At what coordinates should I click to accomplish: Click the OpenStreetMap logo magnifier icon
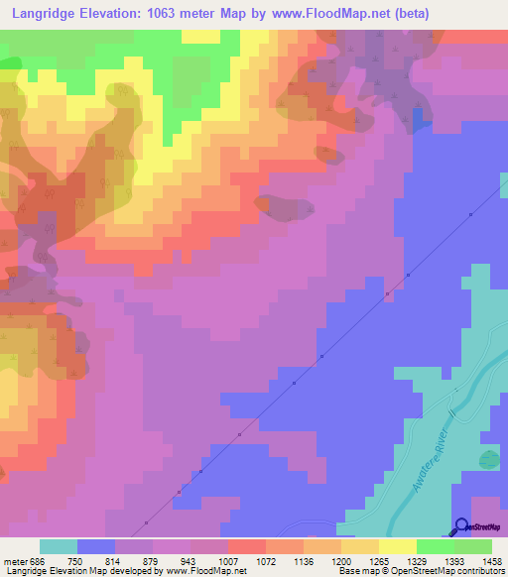pyautogui.click(x=462, y=527)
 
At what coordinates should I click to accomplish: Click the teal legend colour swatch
pyautogui.click(x=59, y=546)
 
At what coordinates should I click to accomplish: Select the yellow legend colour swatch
pyautogui.click(x=397, y=546)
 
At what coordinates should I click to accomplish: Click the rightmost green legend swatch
pyautogui.click(x=473, y=546)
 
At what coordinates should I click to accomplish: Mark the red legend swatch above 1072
pyautogui.click(x=247, y=546)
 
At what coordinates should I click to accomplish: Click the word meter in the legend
pyautogui.click(x=14, y=560)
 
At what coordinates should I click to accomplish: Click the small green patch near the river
pyautogui.click(x=488, y=459)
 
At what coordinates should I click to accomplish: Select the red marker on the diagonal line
pyautogui.click(x=179, y=491)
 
